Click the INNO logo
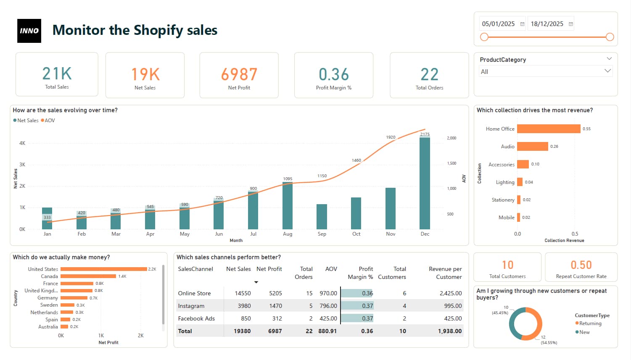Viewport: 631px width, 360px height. pos(29,31)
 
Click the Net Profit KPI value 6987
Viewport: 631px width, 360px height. pos(239,74)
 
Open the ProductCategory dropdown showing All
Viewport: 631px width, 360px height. pos(545,71)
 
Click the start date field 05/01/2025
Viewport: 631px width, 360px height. pos(499,24)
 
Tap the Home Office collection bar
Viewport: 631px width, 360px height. pos(548,129)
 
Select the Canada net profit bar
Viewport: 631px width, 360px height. pos(88,276)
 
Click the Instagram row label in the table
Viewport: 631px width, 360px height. pos(191,306)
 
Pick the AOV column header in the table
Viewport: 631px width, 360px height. pos(331,269)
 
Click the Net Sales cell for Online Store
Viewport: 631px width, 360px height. pos(243,293)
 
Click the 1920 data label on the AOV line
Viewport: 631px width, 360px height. pos(391,137)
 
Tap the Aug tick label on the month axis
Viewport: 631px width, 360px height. pos(288,234)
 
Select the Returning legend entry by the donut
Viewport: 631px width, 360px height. pos(590,323)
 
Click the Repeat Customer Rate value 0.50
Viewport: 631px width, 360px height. pos(581,265)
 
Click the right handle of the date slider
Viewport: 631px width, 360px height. pos(610,37)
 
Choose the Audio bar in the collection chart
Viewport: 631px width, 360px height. pos(532,147)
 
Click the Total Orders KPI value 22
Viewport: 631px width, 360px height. pos(429,74)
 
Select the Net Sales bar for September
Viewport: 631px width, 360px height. pos(322,216)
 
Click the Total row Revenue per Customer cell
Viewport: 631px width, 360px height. pos(449,331)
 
